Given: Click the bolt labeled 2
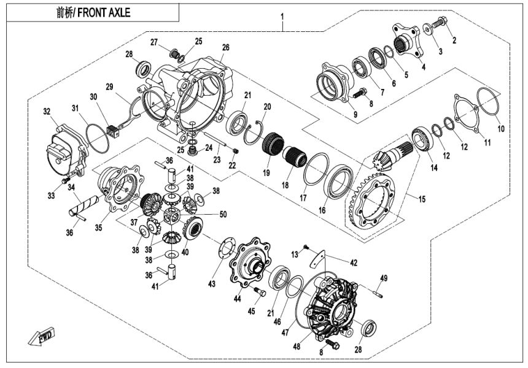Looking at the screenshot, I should click(440, 23).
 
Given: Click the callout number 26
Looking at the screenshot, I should click(225, 47).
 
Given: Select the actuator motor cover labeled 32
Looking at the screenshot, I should click(64, 147).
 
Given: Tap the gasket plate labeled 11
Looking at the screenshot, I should click(466, 116).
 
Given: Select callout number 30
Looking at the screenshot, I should click(93, 97).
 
